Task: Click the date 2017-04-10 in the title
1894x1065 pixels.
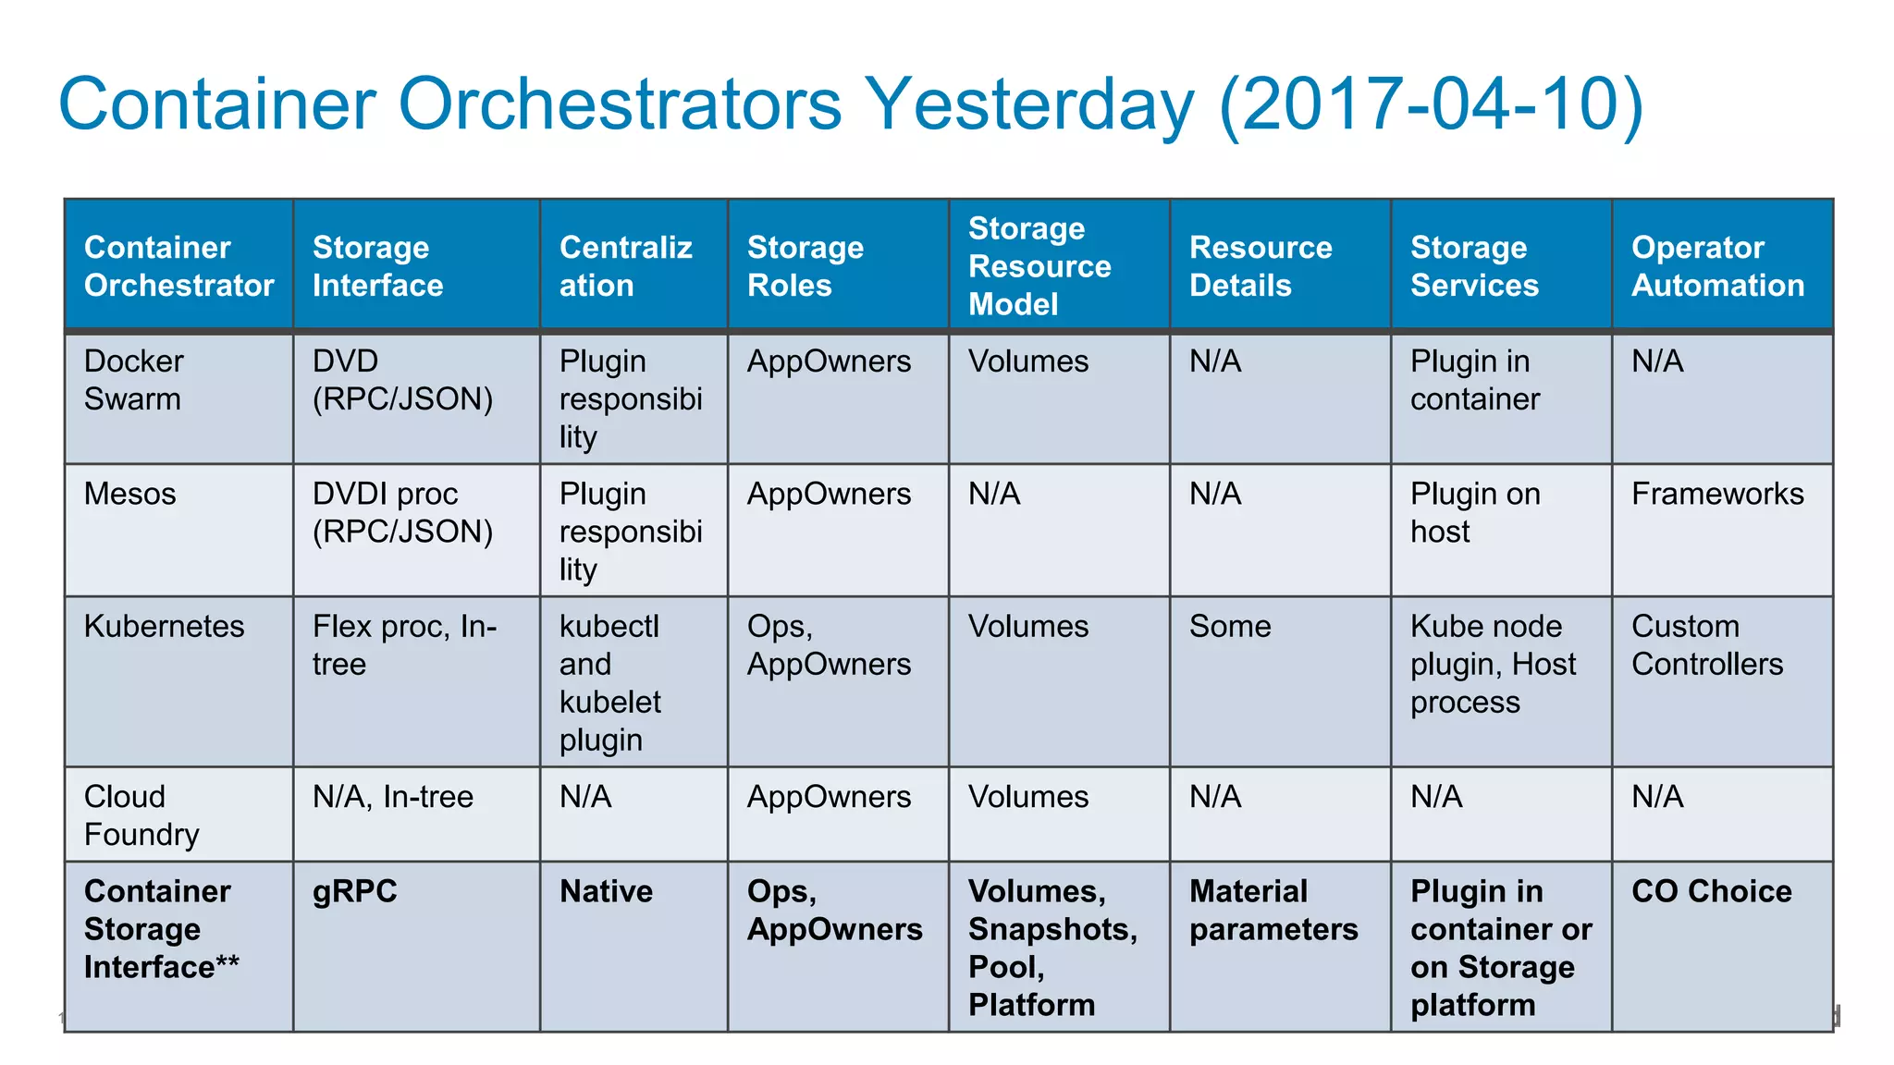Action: [x=1431, y=104]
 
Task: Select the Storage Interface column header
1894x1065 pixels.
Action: [x=377, y=266]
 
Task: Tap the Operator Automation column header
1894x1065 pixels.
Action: [x=1717, y=266]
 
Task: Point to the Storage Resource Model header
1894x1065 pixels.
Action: [x=1039, y=266]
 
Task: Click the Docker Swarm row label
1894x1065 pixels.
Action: [x=133, y=380]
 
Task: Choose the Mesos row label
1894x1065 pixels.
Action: [x=129, y=494]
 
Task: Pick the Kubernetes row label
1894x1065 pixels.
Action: [x=164, y=627]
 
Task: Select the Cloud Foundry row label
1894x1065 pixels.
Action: [x=141, y=815]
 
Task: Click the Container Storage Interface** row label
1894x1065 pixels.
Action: [x=161, y=929]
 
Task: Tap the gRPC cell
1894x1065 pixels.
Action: [x=354, y=891]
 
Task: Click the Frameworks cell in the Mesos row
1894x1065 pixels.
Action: [x=1716, y=494]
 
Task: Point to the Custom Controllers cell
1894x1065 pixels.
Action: [x=1706, y=645]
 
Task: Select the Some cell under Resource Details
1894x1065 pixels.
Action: [x=1229, y=627]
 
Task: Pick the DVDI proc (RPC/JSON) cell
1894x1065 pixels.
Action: [x=402, y=513]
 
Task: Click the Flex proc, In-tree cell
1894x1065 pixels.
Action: [x=404, y=645]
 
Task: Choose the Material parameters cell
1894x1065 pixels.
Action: [x=1273, y=911]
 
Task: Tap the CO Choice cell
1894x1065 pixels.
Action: [x=1711, y=891]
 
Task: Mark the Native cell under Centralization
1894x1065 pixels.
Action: [x=606, y=891]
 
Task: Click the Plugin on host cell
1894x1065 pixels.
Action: [x=1474, y=513]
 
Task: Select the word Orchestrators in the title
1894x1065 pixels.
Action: [x=620, y=104]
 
